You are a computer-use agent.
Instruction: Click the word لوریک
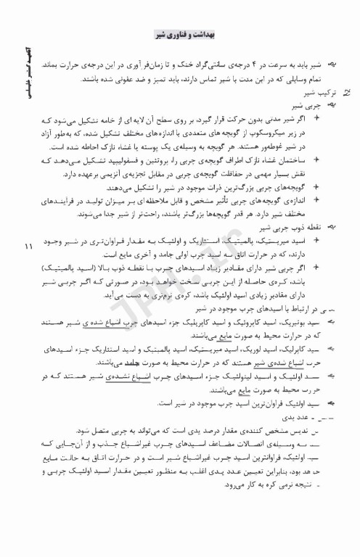(256, 347)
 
